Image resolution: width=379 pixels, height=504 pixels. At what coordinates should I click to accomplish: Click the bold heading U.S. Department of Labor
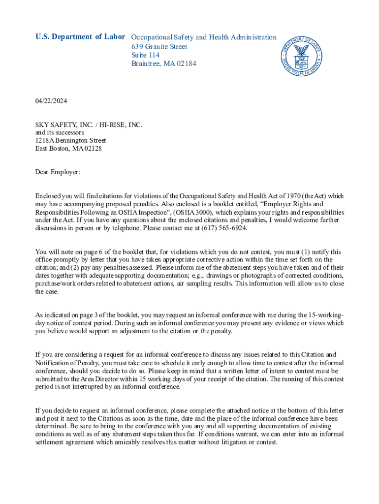coord(80,37)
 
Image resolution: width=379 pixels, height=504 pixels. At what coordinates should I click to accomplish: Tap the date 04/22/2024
coord(51,101)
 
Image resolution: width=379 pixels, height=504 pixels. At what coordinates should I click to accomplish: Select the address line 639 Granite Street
coord(159,46)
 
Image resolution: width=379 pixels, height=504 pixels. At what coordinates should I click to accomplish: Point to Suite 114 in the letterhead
coord(145,55)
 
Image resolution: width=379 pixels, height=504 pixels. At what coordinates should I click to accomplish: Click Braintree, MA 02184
coord(163,64)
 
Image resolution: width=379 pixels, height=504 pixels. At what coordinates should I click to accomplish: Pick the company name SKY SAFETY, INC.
coord(61,125)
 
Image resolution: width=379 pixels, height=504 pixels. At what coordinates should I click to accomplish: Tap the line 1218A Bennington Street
coord(70,140)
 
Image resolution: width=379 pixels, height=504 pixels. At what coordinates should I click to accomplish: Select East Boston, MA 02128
coord(68,148)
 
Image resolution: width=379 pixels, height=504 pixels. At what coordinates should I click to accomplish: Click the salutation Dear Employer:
coord(58,172)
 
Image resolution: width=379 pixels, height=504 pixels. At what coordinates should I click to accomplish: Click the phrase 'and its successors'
coord(60,132)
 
